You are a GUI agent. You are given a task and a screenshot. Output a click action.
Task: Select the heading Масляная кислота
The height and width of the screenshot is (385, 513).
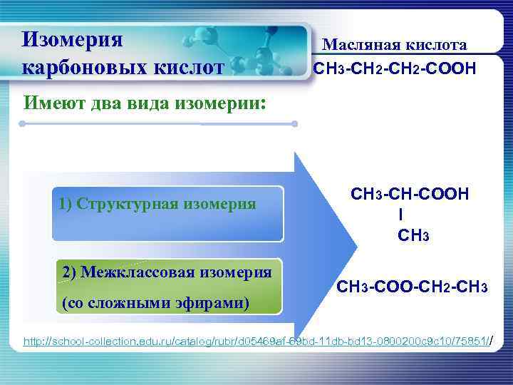[395, 45]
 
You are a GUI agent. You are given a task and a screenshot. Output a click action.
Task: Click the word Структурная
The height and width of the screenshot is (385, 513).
[132, 205]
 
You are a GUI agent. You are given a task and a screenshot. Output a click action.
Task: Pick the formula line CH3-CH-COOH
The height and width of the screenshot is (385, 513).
[409, 195]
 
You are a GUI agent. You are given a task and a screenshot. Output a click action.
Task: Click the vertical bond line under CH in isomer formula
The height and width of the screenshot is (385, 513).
[400, 214]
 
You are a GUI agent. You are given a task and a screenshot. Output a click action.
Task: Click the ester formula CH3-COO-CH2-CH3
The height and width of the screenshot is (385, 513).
[411, 287]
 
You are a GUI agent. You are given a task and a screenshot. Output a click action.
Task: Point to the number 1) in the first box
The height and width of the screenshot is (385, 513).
[66, 205]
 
